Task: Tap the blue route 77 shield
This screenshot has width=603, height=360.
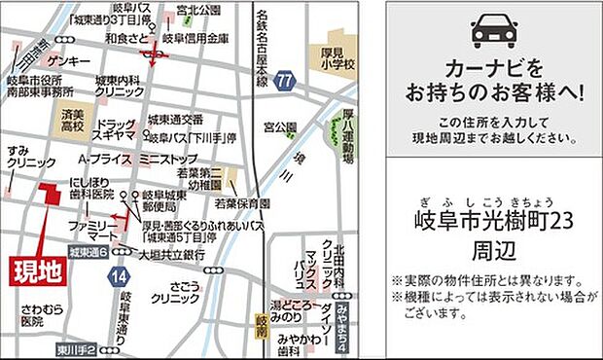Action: click(284, 80)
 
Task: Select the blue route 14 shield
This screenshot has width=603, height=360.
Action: click(120, 278)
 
